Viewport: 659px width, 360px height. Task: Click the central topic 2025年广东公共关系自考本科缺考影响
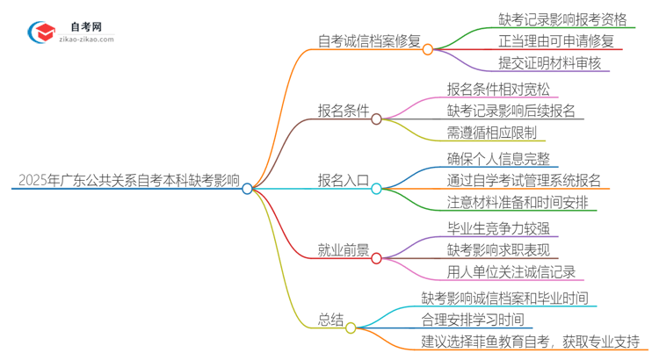[127, 180]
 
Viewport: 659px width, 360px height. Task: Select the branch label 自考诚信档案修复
[369, 40]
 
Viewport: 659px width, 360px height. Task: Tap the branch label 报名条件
[344, 111]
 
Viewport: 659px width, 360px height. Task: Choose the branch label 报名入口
[344, 180]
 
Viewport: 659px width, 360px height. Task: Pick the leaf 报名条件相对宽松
[497, 88]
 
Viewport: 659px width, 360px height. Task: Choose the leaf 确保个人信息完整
[497, 157]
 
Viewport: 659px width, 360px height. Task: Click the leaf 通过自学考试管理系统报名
[524, 180]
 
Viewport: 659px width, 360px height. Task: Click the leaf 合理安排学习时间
[473, 320]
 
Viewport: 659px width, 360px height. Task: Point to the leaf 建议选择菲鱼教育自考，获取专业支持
[530, 342]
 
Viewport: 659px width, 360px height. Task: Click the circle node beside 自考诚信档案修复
[428, 49]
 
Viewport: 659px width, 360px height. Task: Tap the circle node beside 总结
[351, 328]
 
